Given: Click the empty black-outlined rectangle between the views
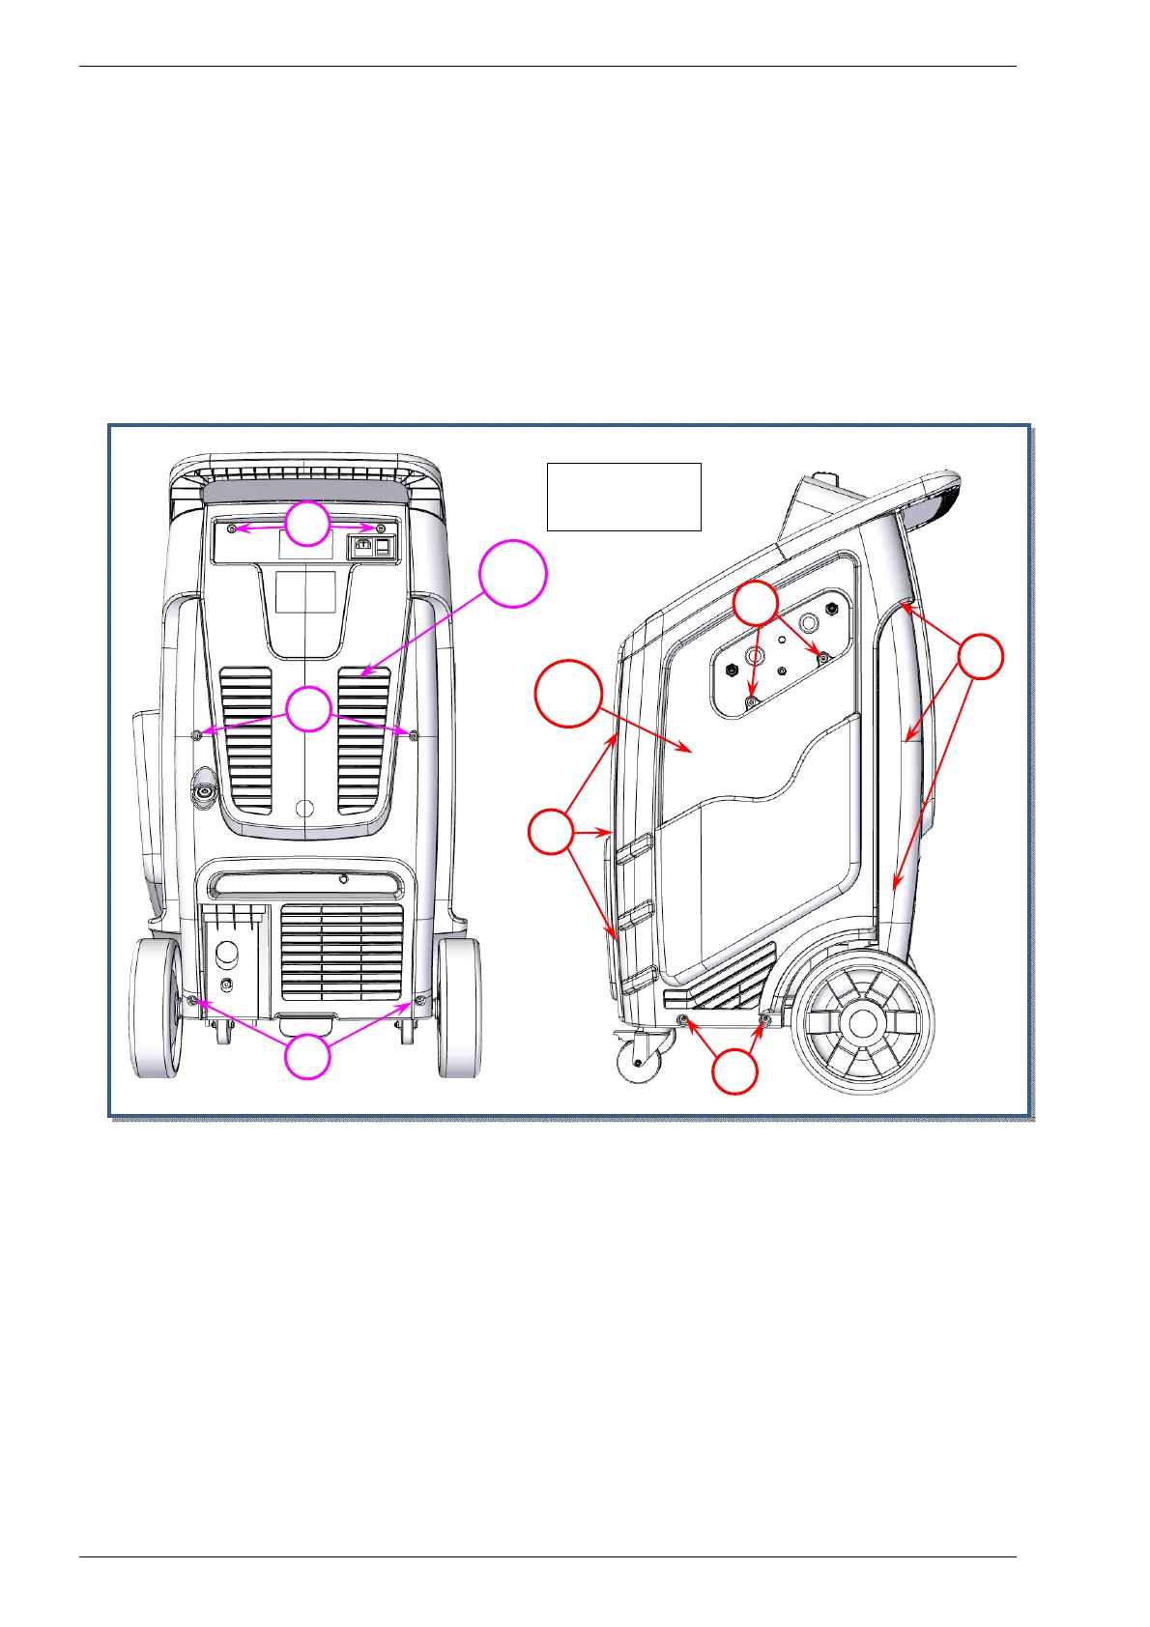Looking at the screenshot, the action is pyautogui.click(x=623, y=497).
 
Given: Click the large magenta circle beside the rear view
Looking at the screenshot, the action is pyautogui.click(x=514, y=574).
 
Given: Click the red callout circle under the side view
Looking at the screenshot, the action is pyautogui.click(x=734, y=1072).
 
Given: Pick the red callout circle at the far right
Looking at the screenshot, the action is pyautogui.click(x=981, y=657).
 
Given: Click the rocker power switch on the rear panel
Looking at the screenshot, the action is pyautogui.click(x=384, y=546).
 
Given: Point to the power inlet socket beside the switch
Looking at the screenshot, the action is pyautogui.click(x=362, y=547).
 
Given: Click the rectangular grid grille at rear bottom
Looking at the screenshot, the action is pyautogui.click(x=341, y=953).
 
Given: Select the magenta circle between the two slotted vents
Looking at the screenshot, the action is pyautogui.click(x=309, y=710).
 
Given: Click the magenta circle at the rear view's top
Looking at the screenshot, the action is pyautogui.click(x=308, y=524).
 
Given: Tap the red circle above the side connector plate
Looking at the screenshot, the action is pyautogui.click(x=755, y=604).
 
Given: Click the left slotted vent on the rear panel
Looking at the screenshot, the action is pyautogui.click(x=246, y=739).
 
